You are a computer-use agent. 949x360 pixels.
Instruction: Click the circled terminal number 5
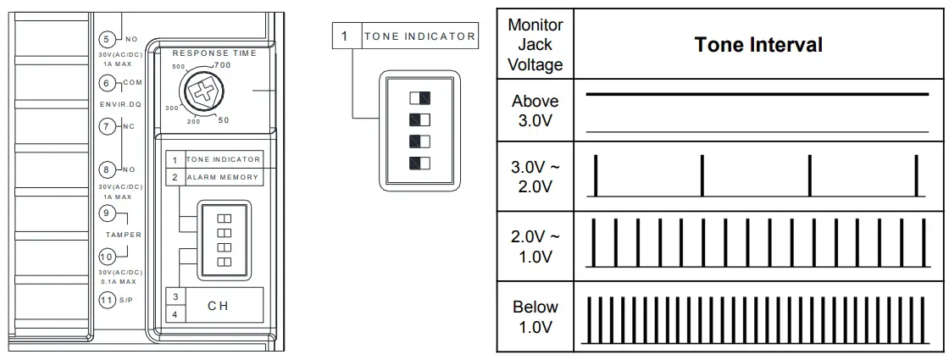pyautogui.click(x=107, y=39)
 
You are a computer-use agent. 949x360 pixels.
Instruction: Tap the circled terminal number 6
pyautogui.click(x=107, y=83)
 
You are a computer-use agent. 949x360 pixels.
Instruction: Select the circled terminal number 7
pyautogui.click(x=107, y=127)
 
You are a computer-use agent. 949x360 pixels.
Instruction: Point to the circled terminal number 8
pyautogui.click(x=107, y=169)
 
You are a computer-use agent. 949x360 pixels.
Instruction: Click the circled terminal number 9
pyautogui.click(x=107, y=213)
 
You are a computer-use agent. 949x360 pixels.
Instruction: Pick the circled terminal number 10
pyautogui.click(x=107, y=257)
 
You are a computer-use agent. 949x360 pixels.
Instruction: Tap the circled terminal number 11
pyautogui.click(x=107, y=299)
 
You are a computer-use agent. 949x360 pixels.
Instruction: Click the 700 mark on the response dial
pyautogui.click(x=223, y=65)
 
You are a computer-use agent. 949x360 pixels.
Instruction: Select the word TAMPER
pyautogui.click(x=122, y=235)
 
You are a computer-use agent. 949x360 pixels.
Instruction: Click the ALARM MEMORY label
pyautogui.click(x=223, y=177)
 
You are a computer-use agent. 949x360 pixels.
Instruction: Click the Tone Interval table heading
pyautogui.click(x=758, y=45)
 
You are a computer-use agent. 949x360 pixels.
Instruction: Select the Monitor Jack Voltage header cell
pyautogui.click(x=535, y=45)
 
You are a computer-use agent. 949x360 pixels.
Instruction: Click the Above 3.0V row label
pyautogui.click(x=535, y=111)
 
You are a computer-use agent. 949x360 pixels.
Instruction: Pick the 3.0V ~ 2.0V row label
pyautogui.click(x=535, y=176)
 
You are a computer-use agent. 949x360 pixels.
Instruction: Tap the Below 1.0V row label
pyautogui.click(x=535, y=317)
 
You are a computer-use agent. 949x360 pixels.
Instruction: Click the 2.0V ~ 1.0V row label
pyautogui.click(x=535, y=246)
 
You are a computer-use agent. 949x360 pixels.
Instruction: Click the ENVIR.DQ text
pyautogui.click(x=122, y=105)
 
